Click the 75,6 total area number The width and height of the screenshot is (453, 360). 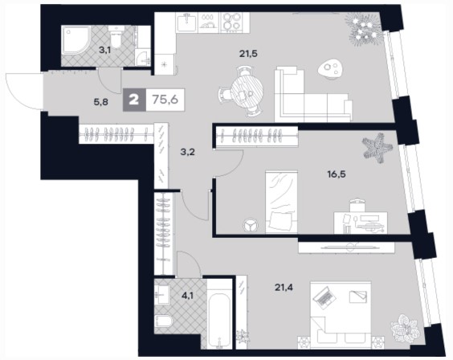[165, 100]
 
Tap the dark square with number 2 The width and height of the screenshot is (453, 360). [134, 100]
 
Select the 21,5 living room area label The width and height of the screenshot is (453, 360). [248, 54]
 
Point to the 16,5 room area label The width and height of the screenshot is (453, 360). [337, 174]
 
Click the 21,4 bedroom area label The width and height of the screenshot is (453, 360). [284, 287]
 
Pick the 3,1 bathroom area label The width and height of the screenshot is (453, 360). [105, 50]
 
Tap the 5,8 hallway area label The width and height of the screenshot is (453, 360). [101, 102]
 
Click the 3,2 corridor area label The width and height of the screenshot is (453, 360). [187, 152]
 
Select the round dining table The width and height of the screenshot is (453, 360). [247, 92]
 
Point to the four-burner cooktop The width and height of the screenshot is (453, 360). [231, 22]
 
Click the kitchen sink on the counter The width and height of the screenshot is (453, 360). [187, 22]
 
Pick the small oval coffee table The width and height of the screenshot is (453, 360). [330, 69]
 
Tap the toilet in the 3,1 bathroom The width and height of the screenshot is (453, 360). [116, 37]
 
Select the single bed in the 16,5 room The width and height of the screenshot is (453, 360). [281, 202]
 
